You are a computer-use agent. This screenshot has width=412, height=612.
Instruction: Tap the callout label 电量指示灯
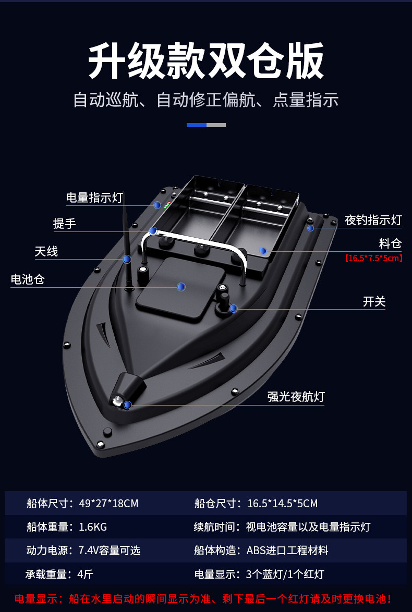(94, 198)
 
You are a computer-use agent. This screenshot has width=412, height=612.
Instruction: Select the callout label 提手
(65, 224)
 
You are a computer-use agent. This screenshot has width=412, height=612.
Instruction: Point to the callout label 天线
(46, 251)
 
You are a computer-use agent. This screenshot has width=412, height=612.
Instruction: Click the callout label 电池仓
(28, 279)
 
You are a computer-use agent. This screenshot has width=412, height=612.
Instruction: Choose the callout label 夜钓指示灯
(373, 220)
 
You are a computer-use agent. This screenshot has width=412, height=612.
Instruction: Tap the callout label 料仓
(390, 243)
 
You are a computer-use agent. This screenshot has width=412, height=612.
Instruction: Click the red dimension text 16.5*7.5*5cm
(373, 258)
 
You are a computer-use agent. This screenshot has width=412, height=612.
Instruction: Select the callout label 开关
(374, 302)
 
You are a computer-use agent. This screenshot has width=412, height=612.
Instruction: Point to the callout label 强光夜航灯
(296, 397)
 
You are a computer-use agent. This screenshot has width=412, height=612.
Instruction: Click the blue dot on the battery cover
(181, 287)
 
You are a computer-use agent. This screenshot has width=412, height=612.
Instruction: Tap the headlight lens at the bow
(117, 401)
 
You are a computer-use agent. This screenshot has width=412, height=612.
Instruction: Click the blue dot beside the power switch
(234, 309)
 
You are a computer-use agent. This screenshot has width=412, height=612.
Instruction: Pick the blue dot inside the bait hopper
(263, 251)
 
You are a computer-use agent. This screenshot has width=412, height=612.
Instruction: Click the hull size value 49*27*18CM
(108, 504)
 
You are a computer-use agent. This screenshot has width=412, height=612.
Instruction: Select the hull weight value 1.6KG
(93, 527)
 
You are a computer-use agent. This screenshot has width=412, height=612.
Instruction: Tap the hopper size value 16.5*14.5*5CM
(282, 504)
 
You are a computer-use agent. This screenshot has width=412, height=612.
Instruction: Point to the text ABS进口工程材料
(287, 550)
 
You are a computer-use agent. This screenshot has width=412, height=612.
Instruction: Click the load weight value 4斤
(86, 574)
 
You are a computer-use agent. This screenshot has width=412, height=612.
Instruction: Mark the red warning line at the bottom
(203, 599)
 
